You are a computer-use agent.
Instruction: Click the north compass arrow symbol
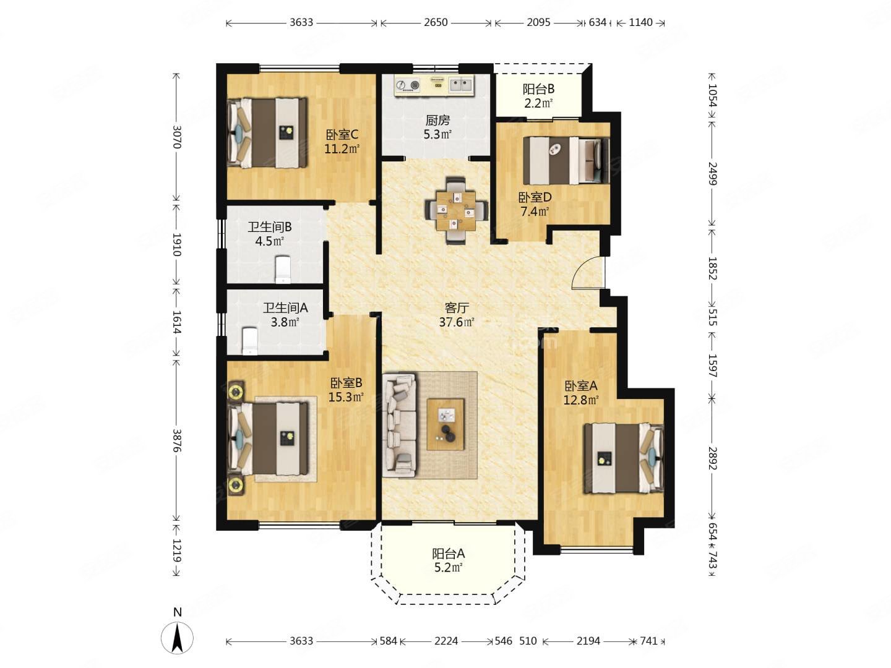(177, 638)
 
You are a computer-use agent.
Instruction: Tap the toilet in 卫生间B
(283, 269)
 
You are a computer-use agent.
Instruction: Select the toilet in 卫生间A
(249, 341)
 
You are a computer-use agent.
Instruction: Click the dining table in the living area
(456, 211)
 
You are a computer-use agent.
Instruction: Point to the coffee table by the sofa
(445, 424)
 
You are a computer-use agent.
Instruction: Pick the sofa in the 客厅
(400, 426)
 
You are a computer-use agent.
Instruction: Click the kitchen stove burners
(408, 85)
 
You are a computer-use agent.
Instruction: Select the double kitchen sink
(461, 85)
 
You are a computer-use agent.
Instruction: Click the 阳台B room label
(538, 89)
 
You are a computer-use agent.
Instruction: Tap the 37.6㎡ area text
(457, 322)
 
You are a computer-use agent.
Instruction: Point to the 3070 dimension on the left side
(176, 137)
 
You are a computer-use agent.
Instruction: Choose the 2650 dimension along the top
(436, 22)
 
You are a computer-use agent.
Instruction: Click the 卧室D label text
(535, 197)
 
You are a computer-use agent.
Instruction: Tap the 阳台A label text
(448, 553)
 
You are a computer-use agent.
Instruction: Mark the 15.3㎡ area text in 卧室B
(346, 396)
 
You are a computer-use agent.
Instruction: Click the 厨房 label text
(437, 120)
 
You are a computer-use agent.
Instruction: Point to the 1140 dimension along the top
(640, 22)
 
